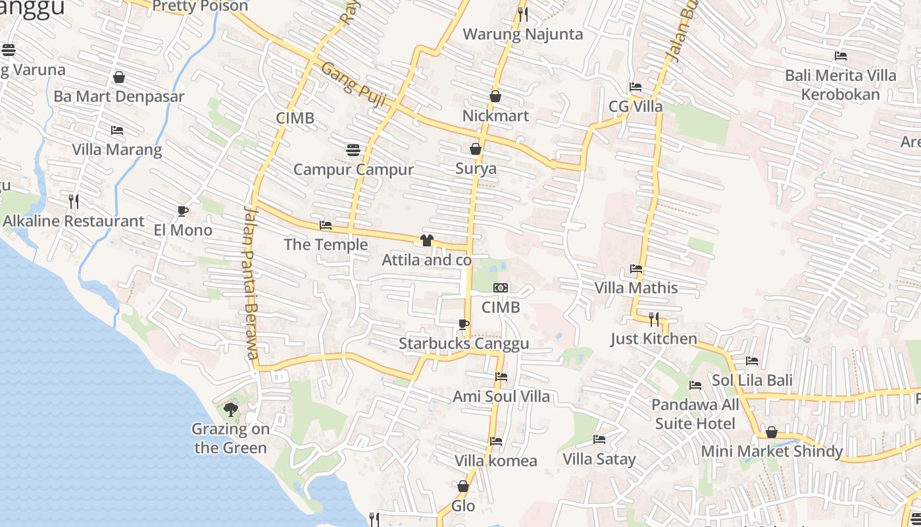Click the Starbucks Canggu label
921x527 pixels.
coord(464,344)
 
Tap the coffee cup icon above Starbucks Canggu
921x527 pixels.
coord(464,323)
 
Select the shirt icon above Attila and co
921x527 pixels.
coord(427,240)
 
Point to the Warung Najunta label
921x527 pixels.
coord(523,34)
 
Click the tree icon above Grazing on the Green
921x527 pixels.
coord(230,410)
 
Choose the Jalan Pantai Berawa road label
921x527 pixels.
coord(250,283)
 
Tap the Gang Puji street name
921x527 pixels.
coord(353,84)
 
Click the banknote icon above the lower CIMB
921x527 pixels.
coord(501,288)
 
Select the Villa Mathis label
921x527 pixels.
coord(636,288)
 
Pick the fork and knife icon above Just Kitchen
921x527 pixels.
coord(653,319)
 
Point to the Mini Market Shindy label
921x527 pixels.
coord(772,451)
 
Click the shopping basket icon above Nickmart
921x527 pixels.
coord(495,96)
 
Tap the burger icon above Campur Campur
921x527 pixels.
coord(353,150)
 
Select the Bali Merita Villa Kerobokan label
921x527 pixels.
coord(840,85)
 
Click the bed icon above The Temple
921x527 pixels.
coord(326,225)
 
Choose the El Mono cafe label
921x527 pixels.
coord(183,230)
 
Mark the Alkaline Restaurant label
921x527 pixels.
coord(74,221)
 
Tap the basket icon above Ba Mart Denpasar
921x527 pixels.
coord(119,77)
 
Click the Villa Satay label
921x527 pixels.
coord(599,459)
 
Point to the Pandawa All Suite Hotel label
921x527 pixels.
coord(695,414)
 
